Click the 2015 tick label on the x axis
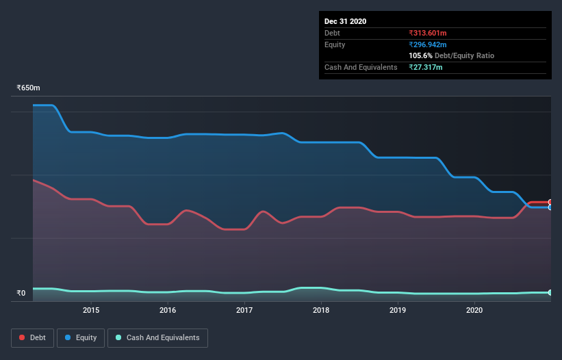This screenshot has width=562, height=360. click(x=91, y=310)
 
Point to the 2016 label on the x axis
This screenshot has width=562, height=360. click(x=168, y=310)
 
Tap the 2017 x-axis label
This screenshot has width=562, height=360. click(x=244, y=310)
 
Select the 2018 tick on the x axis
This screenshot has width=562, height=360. click(x=321, y=310)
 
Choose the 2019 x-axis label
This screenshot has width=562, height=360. click(x=398, y=310)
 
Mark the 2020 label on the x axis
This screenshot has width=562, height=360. click(x=474, y=310)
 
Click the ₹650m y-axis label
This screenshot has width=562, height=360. click(x=29, y=88)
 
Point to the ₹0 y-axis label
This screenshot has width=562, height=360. click(x=21, y=294)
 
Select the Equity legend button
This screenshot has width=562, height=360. click(x=81, y=337)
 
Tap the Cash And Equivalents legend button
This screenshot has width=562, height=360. click(x=157, y=337)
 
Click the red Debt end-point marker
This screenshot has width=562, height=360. click(x=550, y=203)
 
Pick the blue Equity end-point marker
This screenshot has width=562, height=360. click(x=550, y=207)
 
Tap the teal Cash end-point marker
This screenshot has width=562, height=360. click(x=550, y=292)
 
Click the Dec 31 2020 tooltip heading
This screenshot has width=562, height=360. click(x=345, y=21)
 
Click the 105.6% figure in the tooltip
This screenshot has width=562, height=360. click(x=419, y=55)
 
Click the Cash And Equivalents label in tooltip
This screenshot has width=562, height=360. click(x=361, y=67)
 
